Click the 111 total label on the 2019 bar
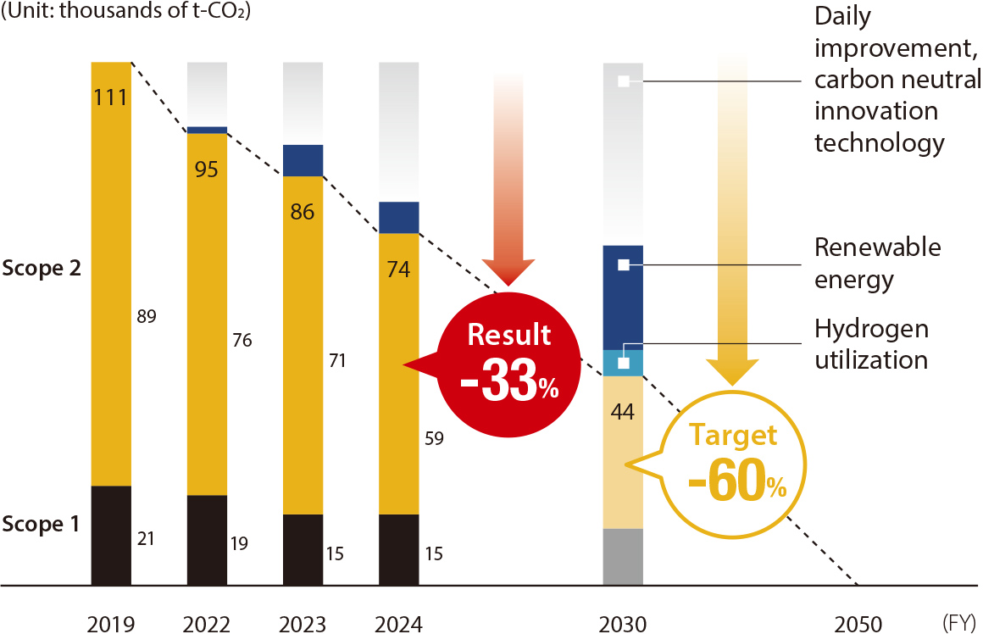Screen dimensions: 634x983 [111, 97]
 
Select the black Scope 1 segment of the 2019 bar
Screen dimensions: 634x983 [111, 535]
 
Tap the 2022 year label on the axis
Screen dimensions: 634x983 [206, 625]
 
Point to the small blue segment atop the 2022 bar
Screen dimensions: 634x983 [207, 130]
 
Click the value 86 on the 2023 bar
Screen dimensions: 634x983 [303, 212]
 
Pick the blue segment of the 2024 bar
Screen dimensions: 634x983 [399, 217]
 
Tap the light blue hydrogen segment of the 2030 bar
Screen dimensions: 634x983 [623, 364]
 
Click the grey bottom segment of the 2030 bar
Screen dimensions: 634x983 [623, 557]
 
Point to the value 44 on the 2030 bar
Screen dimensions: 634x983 [623, 413]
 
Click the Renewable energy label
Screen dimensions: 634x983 [877, 263]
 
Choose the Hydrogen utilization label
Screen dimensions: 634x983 [871, 344]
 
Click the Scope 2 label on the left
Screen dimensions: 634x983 [42, 269]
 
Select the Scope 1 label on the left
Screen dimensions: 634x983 [42, 524]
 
